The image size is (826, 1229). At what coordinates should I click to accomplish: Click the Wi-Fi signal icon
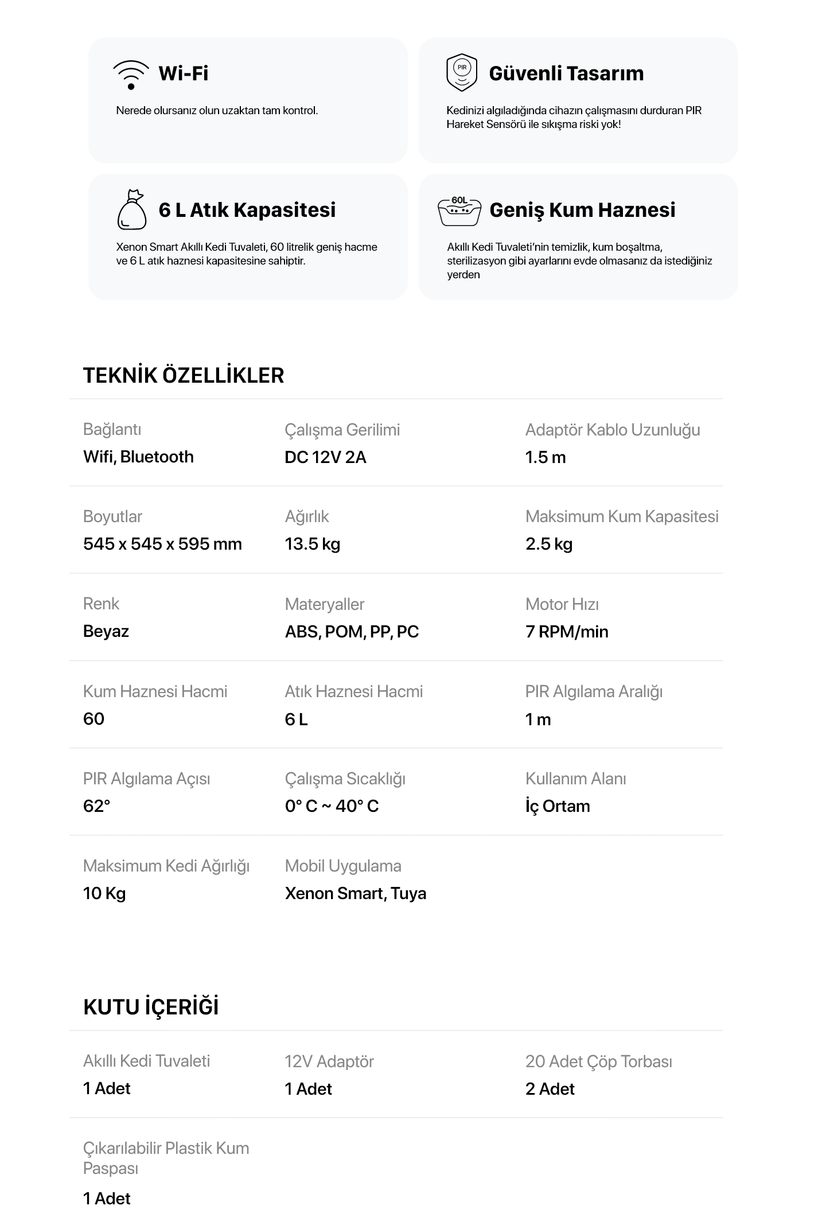(x=131, y=75)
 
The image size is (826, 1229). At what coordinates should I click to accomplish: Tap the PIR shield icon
(x=461, y=73)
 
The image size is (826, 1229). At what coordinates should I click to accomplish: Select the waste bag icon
(x=131, y=209)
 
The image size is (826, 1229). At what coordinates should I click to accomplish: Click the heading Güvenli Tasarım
(x=566, y=73)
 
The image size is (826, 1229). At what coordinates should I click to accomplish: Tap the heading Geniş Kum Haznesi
(x=582, y=210)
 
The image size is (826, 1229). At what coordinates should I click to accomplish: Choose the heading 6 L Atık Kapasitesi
(x=247, y=210)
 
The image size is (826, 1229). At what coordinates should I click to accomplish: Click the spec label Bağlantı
(x=112, y=429)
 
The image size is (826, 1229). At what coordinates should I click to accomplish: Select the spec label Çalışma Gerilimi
(x=342, y=430)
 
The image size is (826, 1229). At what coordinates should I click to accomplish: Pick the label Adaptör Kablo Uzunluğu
(x=613, y=430)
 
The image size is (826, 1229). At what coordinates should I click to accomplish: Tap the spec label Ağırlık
(x=307, y=516)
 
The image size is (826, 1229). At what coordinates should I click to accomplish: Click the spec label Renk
(x=101, y=604)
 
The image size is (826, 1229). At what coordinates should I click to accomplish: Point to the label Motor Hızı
(x=562, y=604)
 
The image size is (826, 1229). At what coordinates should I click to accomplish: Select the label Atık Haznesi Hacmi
(x=353, y=691)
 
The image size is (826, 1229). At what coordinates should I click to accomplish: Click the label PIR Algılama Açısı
(x=146, y=779)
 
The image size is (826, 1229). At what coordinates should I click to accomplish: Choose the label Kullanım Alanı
(x=575, y=779)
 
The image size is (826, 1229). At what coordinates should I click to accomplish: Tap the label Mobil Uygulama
(x=342, y=866)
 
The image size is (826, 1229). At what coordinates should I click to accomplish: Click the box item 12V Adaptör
(x=329, y=1061)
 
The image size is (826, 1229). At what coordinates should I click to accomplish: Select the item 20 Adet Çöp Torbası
(x=598, y=1061)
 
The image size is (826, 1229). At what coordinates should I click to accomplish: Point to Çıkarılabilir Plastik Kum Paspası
(x=166, y=1158)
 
